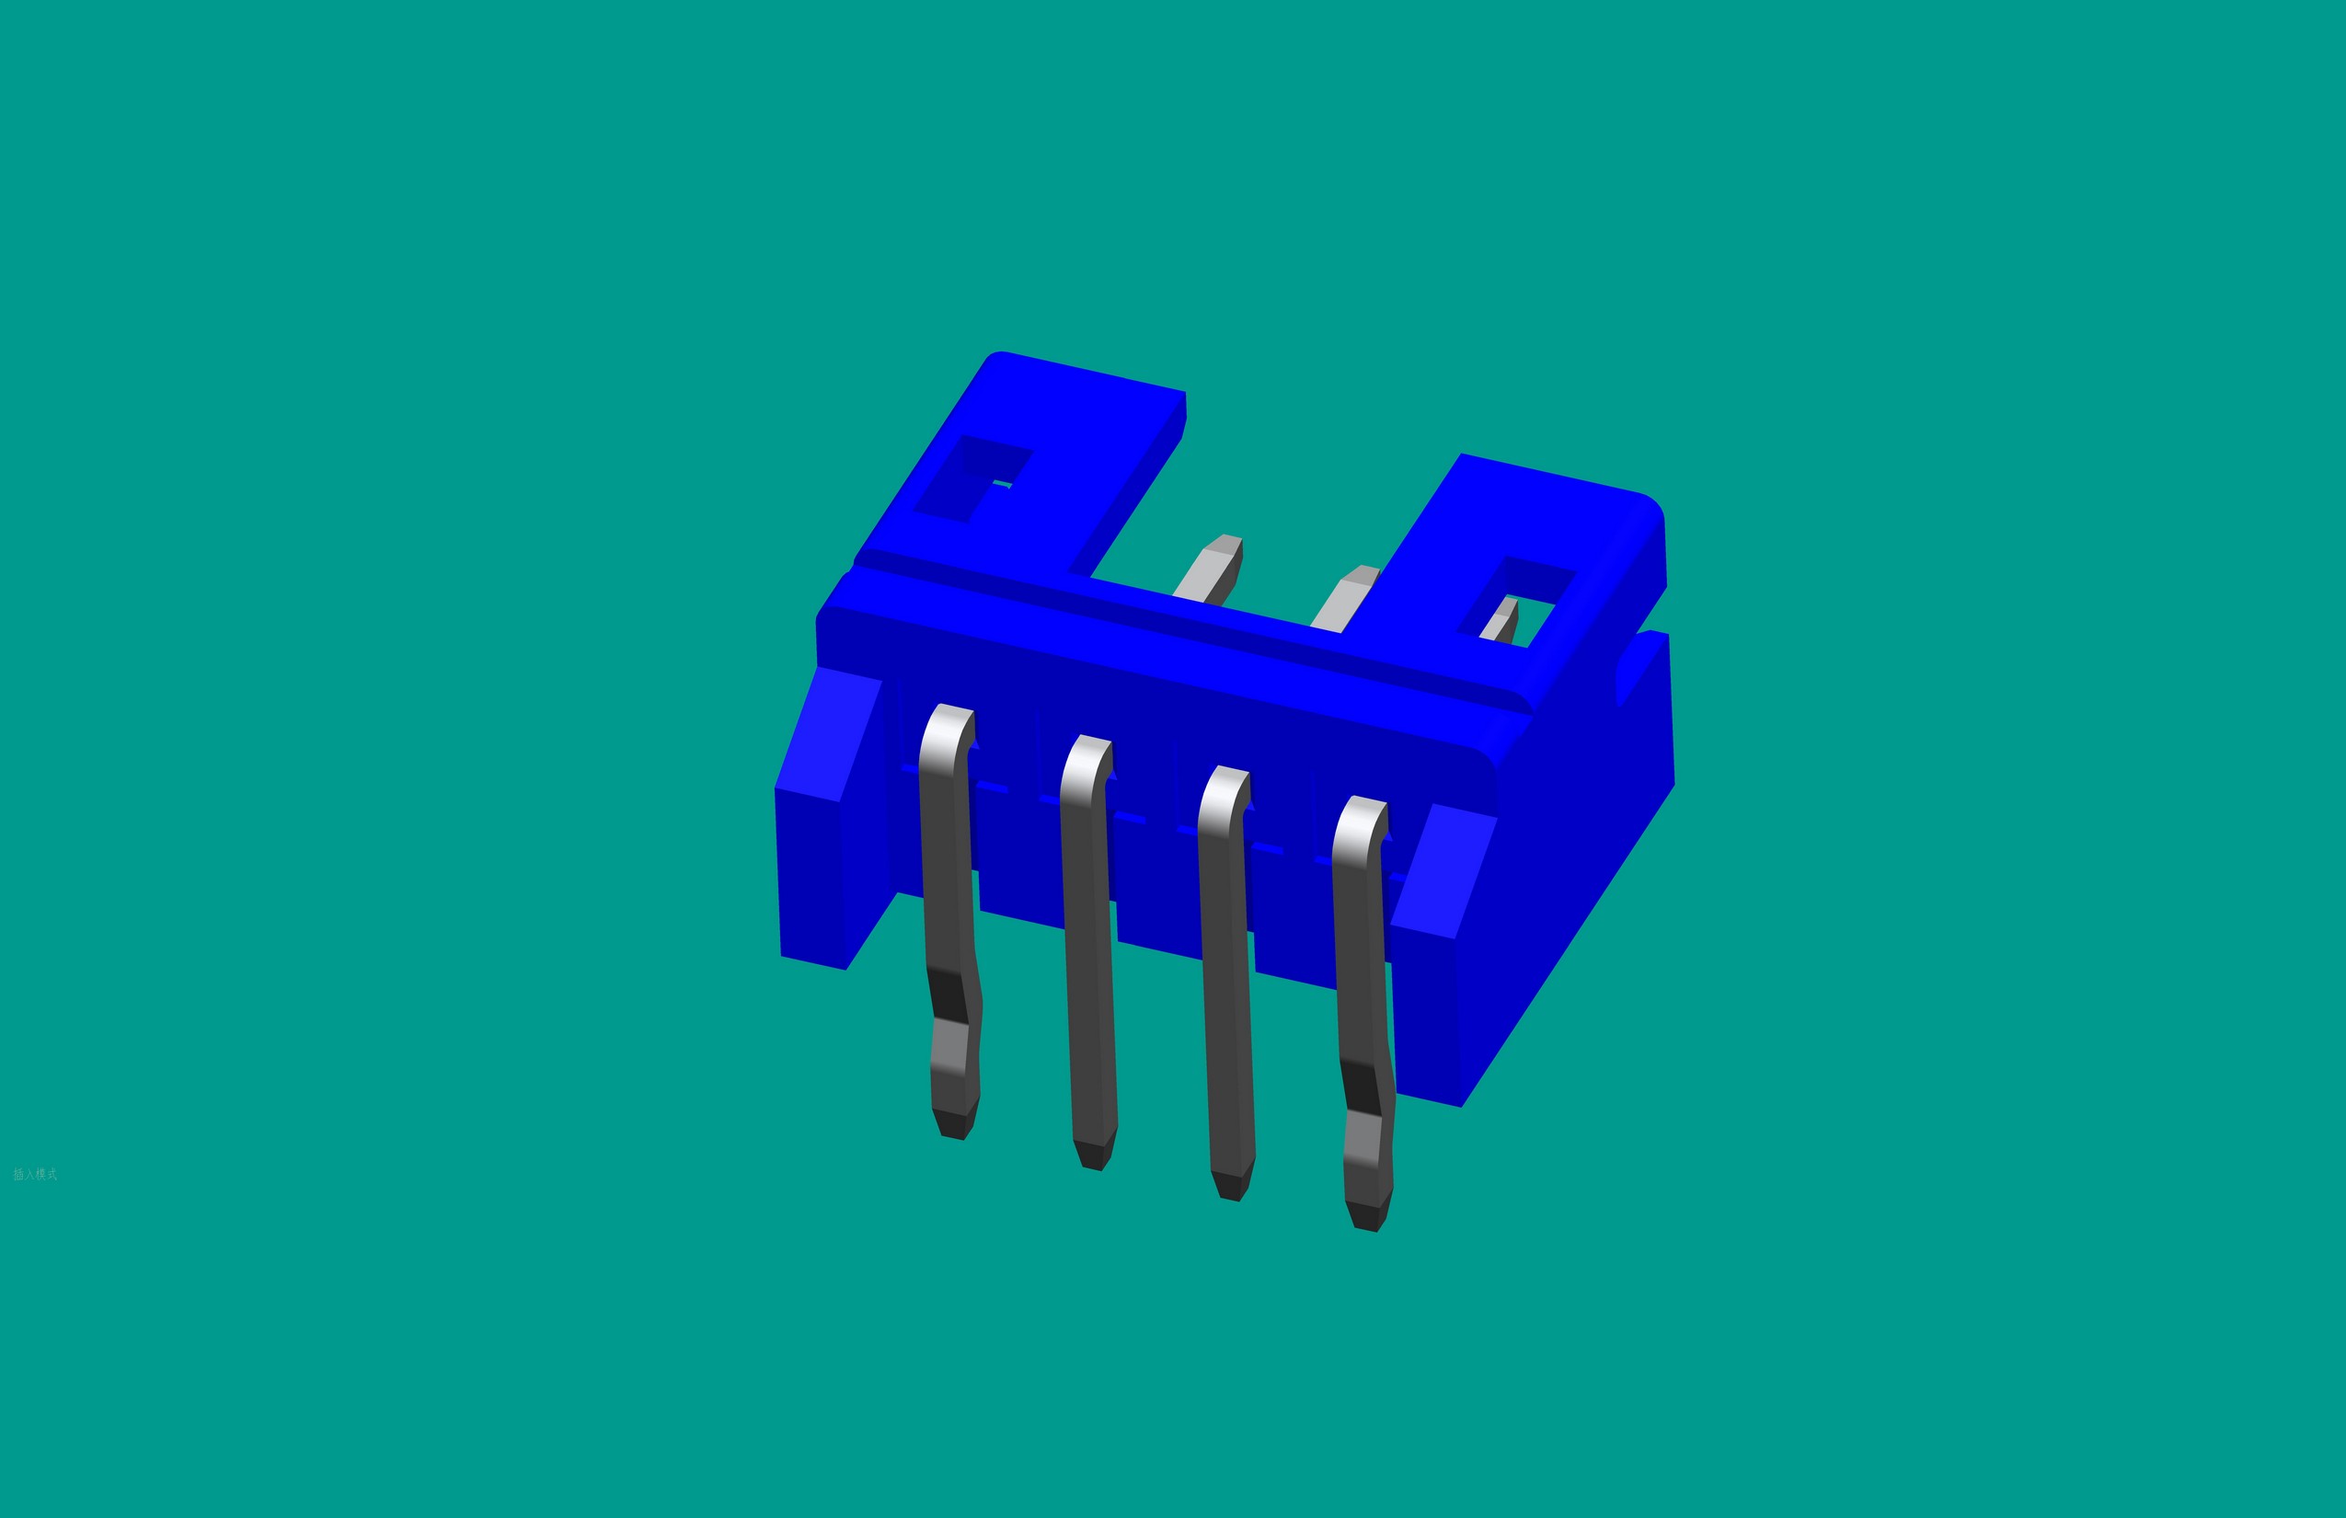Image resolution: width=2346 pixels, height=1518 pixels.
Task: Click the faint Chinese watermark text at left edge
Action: tap(35, 1174)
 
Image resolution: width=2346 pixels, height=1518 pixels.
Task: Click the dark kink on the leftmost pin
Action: tap(949, 995)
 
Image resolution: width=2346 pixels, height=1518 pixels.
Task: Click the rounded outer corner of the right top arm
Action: tap(1648, 508)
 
